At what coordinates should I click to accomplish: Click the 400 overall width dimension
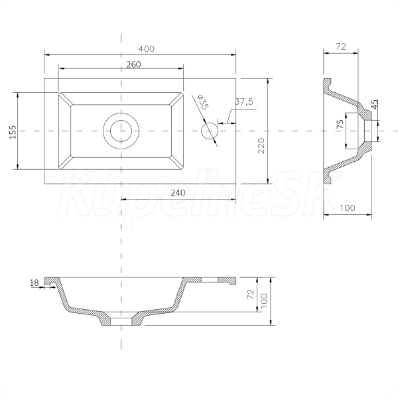[x=146, y=48]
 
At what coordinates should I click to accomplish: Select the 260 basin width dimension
[x=133, y=64]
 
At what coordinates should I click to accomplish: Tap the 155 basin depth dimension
[x=13, y=132]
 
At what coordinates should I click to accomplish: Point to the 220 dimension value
[x=261, y=146]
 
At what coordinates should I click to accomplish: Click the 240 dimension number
[x=178, y=193]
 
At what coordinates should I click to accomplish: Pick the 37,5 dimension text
[x=244, y=101]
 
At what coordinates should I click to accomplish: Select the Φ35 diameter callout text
[x=202, y=102]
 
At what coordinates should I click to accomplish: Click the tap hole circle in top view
[x=210, y=131]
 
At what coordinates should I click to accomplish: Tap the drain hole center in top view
[x=121, y=131]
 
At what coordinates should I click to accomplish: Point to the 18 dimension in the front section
[x=34, y=283]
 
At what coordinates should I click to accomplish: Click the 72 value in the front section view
[x=251, y=294]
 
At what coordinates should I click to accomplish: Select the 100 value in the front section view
[x=264, y=300]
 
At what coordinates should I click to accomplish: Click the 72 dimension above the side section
[x=341, y=46]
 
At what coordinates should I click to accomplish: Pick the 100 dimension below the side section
[x=347, y=208]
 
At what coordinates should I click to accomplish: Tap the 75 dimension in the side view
[x=340, y=124]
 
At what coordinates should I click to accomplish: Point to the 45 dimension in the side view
[x=375, y=104]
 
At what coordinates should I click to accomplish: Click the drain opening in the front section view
[x=121, y=321]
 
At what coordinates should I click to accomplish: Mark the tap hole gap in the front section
[x=210, y=280]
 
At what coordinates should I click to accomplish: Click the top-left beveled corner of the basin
[x=65, y=99]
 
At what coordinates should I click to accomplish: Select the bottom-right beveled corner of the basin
[x=176, y=163]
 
